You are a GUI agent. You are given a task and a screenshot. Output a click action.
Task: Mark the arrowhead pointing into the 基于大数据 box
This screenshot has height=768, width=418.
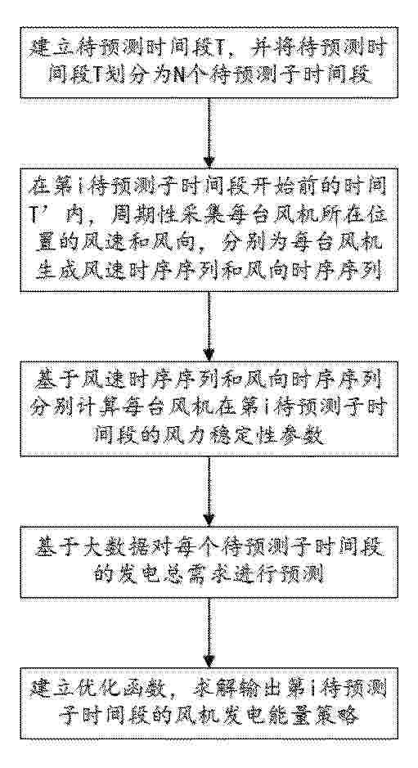click(209, 520)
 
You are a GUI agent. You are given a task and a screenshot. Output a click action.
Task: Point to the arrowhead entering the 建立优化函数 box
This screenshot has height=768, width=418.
click(209, 661)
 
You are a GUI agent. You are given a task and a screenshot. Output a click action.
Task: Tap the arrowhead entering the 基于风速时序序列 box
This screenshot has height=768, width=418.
click(209, 355)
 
